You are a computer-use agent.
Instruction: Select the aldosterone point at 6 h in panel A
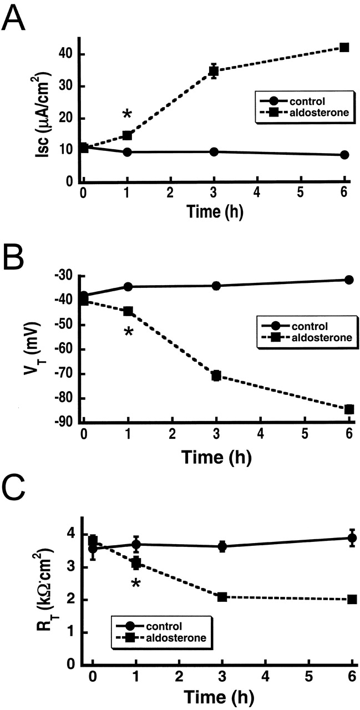344,48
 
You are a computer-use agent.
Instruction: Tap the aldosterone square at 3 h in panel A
214,71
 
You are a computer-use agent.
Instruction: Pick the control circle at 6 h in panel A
344,155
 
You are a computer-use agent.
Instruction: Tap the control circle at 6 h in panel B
348,280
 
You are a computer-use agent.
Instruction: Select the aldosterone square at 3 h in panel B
216,376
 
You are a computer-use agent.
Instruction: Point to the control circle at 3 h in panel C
222,546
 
